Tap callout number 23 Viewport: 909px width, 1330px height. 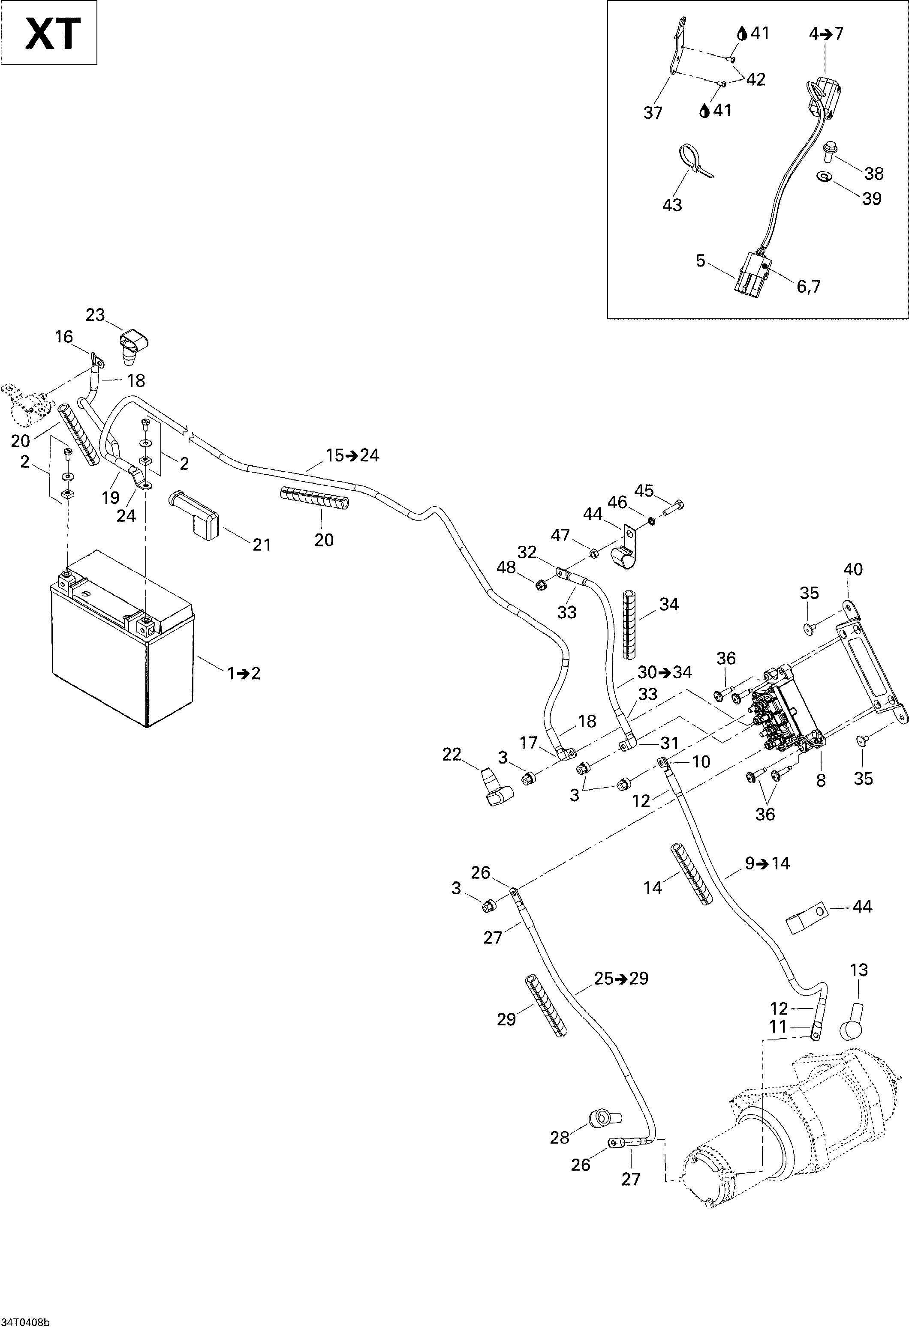pos(96,315)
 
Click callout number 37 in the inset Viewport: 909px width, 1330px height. pos(653,113)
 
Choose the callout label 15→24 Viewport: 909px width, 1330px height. pos(352,455)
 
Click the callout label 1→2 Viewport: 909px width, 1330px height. pos(244,673)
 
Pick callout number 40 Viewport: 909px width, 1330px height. pos(853,569)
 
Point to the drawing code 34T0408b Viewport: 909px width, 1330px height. pos(25,1322)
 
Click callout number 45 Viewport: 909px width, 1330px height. pos(644,491)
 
